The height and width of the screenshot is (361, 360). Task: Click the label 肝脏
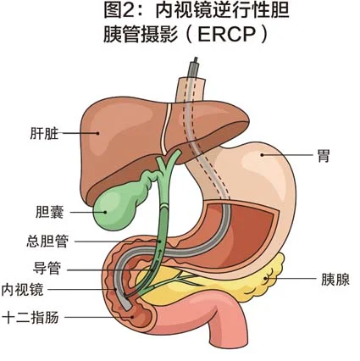click(x=44, y=134)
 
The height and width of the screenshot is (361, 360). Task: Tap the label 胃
click(x=324, y=155)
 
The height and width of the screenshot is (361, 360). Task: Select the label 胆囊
click(x=50, y=212)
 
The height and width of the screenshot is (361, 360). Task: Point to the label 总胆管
click(x=47, y=242)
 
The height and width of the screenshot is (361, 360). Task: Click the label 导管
click(x=47, y=269)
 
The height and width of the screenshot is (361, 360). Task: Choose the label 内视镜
click(x=22, y=290)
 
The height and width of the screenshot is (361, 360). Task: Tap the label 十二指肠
click(x=30, y=317)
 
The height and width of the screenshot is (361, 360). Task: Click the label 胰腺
click(x=335, y=280)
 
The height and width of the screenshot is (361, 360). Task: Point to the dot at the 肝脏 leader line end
click(x=98, y=133)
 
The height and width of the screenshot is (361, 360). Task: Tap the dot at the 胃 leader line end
click(x=262, y=155)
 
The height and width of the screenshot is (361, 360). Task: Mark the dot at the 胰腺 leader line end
click(x=265, y=279)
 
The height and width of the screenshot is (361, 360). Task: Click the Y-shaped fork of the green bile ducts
click(x=163, y=169)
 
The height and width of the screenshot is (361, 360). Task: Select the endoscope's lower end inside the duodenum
click(x=127, y=305)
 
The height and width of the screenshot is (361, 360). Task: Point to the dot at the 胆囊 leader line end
click(x=106, y=212)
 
